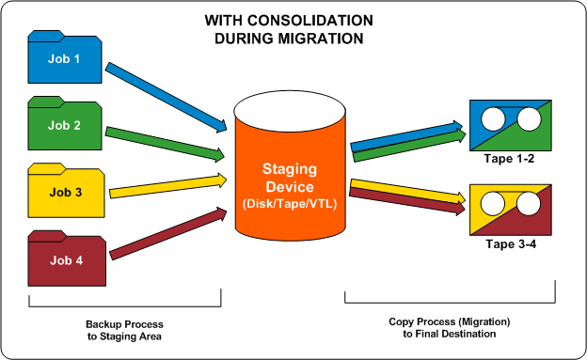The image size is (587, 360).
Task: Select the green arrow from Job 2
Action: [x=169, y=142]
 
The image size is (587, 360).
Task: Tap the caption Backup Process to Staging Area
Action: [x=125, y=326]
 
